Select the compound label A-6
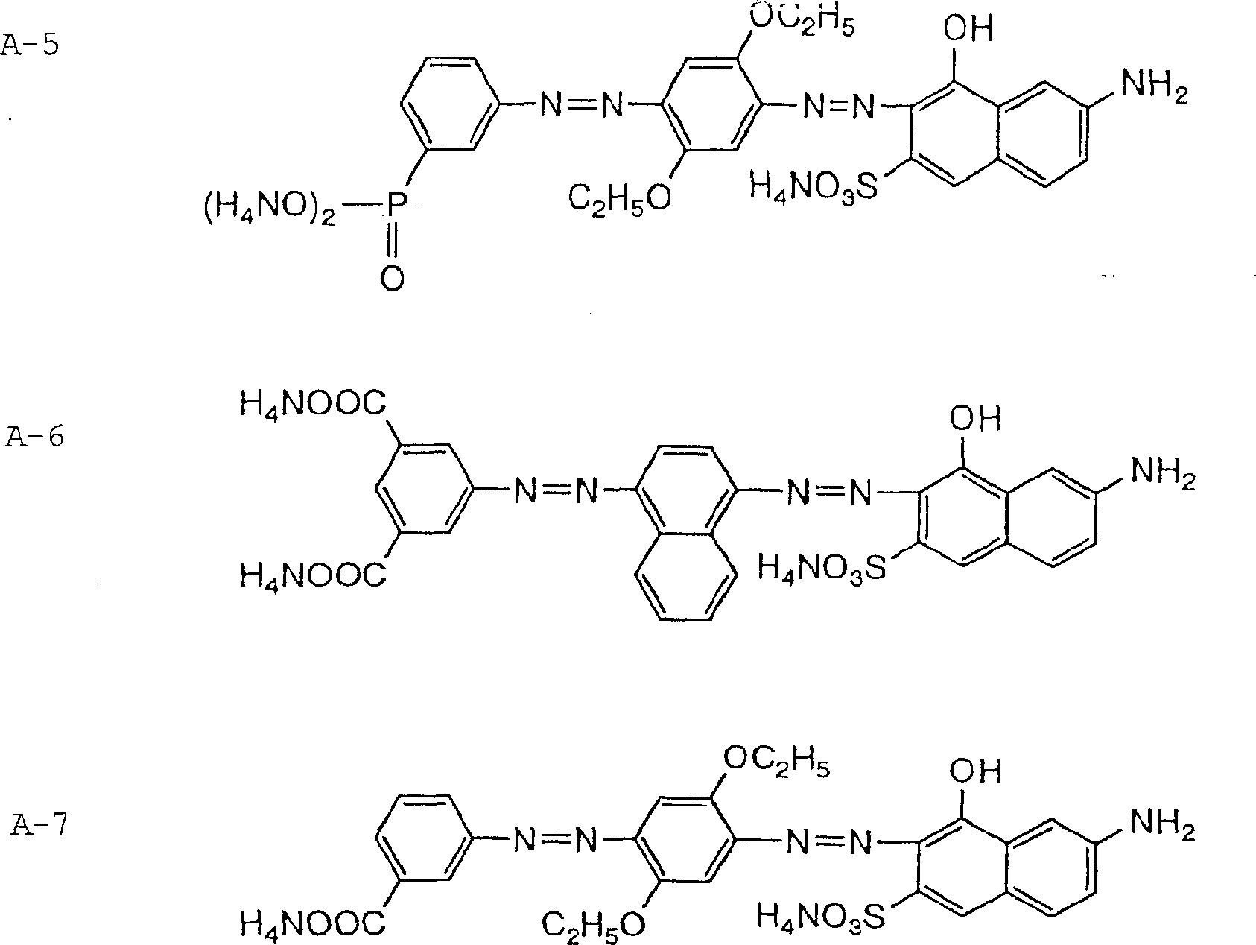tap(34, 437)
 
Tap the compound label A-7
tap(39, 826)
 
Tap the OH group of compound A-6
tap(974, 418)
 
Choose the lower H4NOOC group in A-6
tap(313, 575)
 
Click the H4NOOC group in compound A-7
tap(313, 924)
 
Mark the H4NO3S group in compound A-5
tap(813, 186)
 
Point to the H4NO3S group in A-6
tap(822, 569)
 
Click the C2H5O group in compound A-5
tap(620, 199)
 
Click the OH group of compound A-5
tap(968, 31)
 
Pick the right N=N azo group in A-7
tap(828, 843)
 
